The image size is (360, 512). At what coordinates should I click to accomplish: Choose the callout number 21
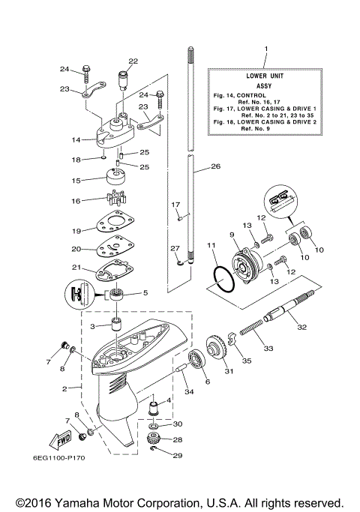click(76, 268)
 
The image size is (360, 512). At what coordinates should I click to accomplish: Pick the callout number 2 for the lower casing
click(65, 388)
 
